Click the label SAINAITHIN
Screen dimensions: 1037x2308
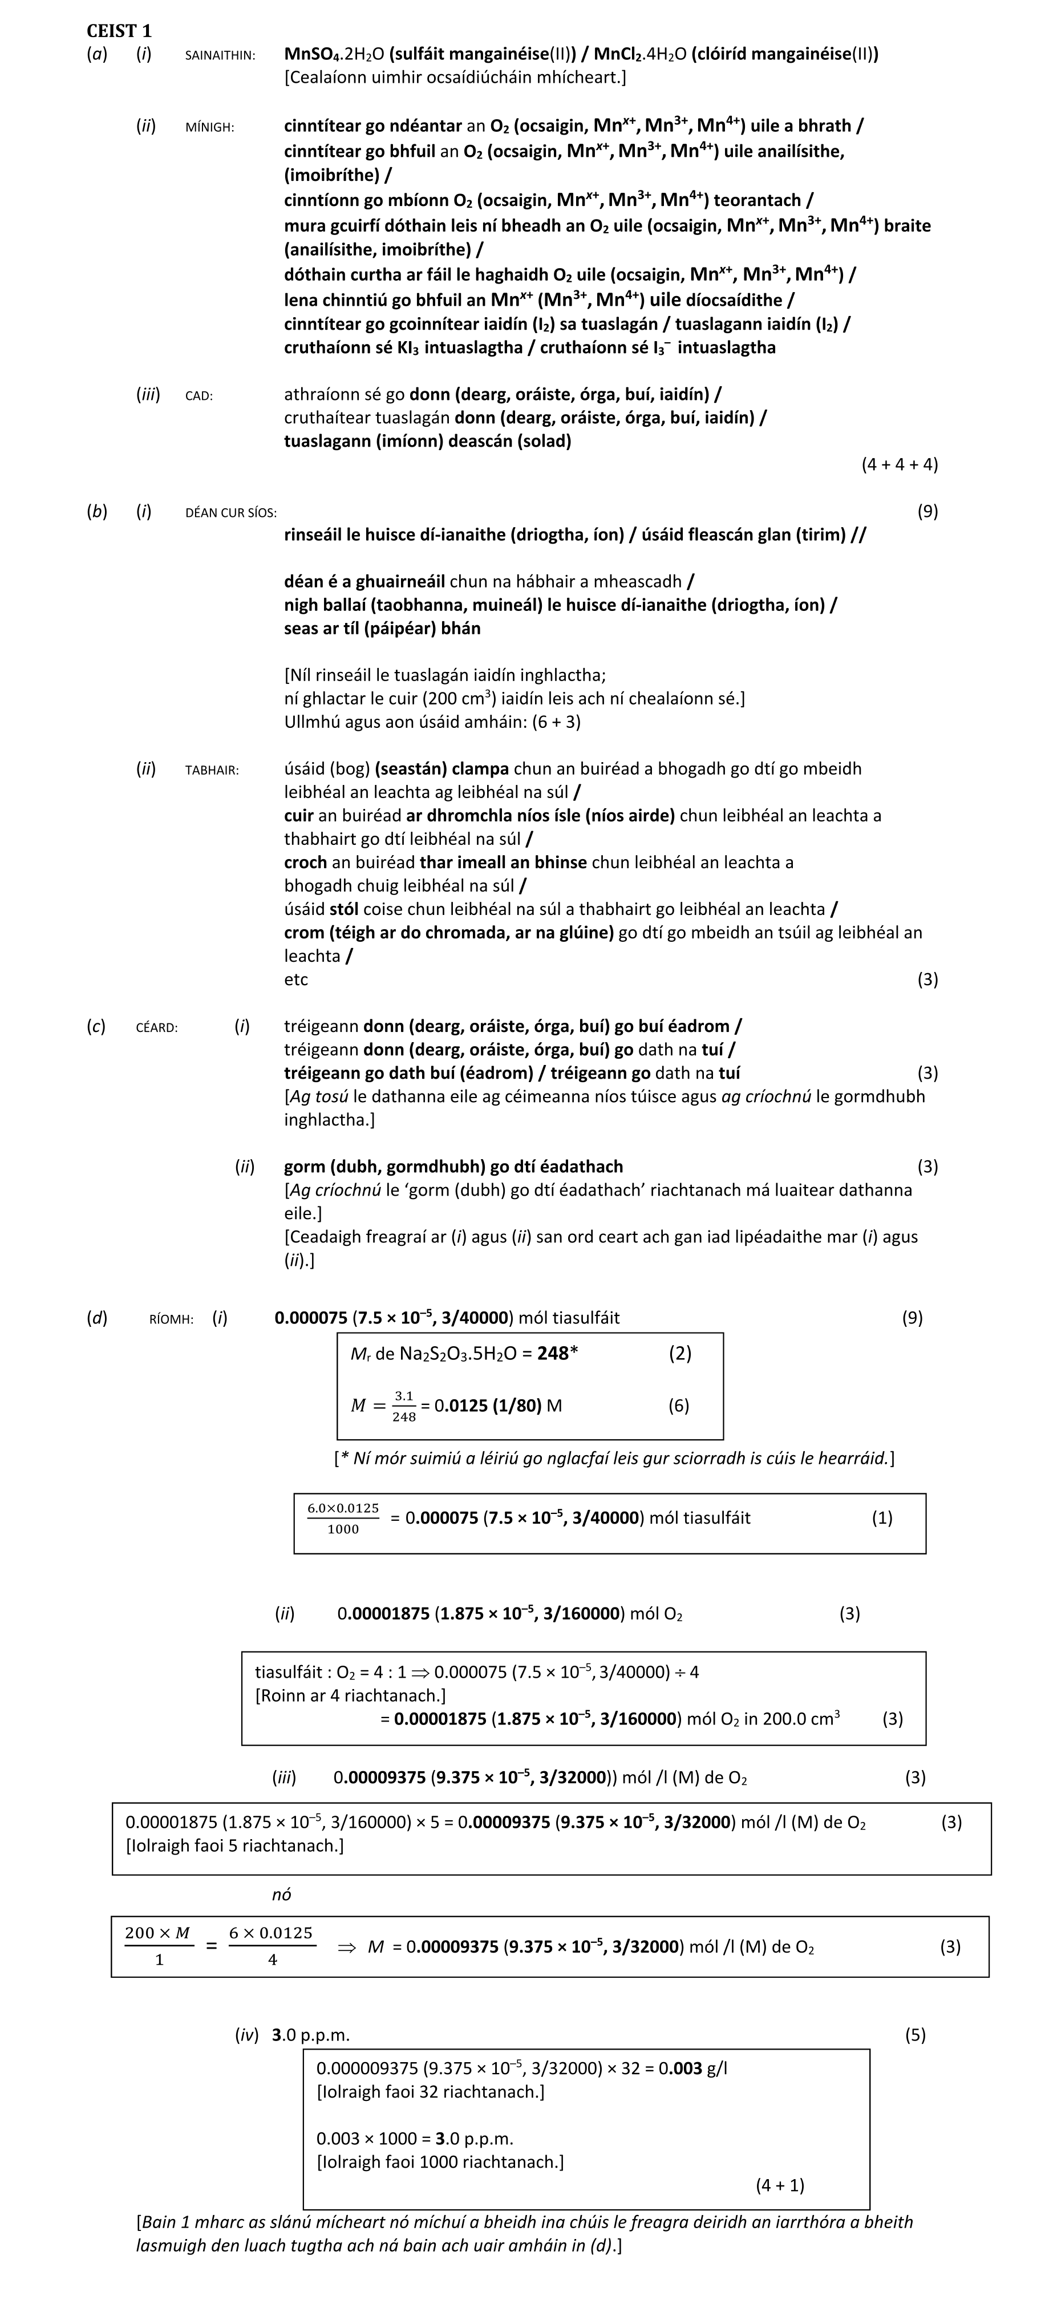pos(220,55)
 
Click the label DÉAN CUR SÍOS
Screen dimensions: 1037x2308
pos(230,512)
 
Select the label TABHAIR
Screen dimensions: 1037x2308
pos(212,770)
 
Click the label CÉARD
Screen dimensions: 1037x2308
pos(156,1028)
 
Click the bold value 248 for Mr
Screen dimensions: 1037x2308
pos(553,1354)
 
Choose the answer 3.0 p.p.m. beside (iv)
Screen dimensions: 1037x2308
pos(310,2035)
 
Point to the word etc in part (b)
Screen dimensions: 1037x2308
pos(296,979)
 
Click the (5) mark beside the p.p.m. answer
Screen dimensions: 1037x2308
pos(914,2035)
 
